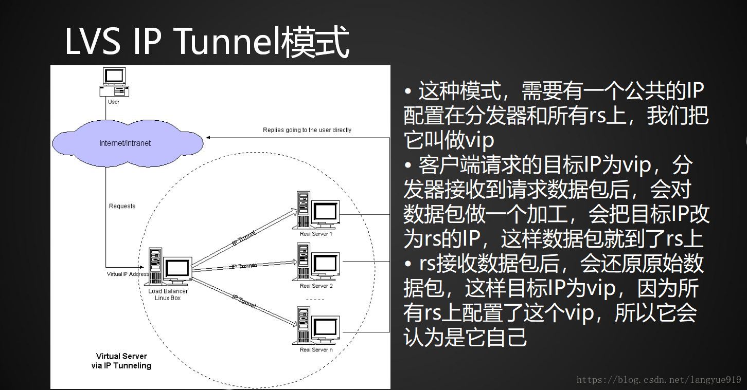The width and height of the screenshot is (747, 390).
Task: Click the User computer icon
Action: click(x=114, y=82)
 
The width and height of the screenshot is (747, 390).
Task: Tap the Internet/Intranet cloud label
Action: click(x=125, y=143)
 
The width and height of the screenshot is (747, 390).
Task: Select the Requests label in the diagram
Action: click(x=122, y=206)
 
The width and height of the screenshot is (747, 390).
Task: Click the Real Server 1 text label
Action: click(x=316, y=234)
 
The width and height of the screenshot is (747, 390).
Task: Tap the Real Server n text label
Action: click(x=316, y=350)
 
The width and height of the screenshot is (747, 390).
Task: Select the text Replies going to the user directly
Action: click(x=307, y=130)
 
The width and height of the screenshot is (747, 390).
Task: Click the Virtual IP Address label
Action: click(x=128, y=274)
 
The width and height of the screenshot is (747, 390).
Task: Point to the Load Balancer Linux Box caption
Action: click(x=168, y=294)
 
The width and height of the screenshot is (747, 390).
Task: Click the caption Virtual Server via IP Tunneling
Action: click(x=121, y=361)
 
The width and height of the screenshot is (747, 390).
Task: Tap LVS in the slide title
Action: click(x=93, y=42)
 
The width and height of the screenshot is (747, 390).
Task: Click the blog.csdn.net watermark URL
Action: click(x=659, y=380)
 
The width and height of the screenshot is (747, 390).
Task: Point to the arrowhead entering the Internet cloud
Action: click(x=208, y=138)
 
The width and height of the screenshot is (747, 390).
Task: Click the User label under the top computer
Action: click(x=114, y=102)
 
